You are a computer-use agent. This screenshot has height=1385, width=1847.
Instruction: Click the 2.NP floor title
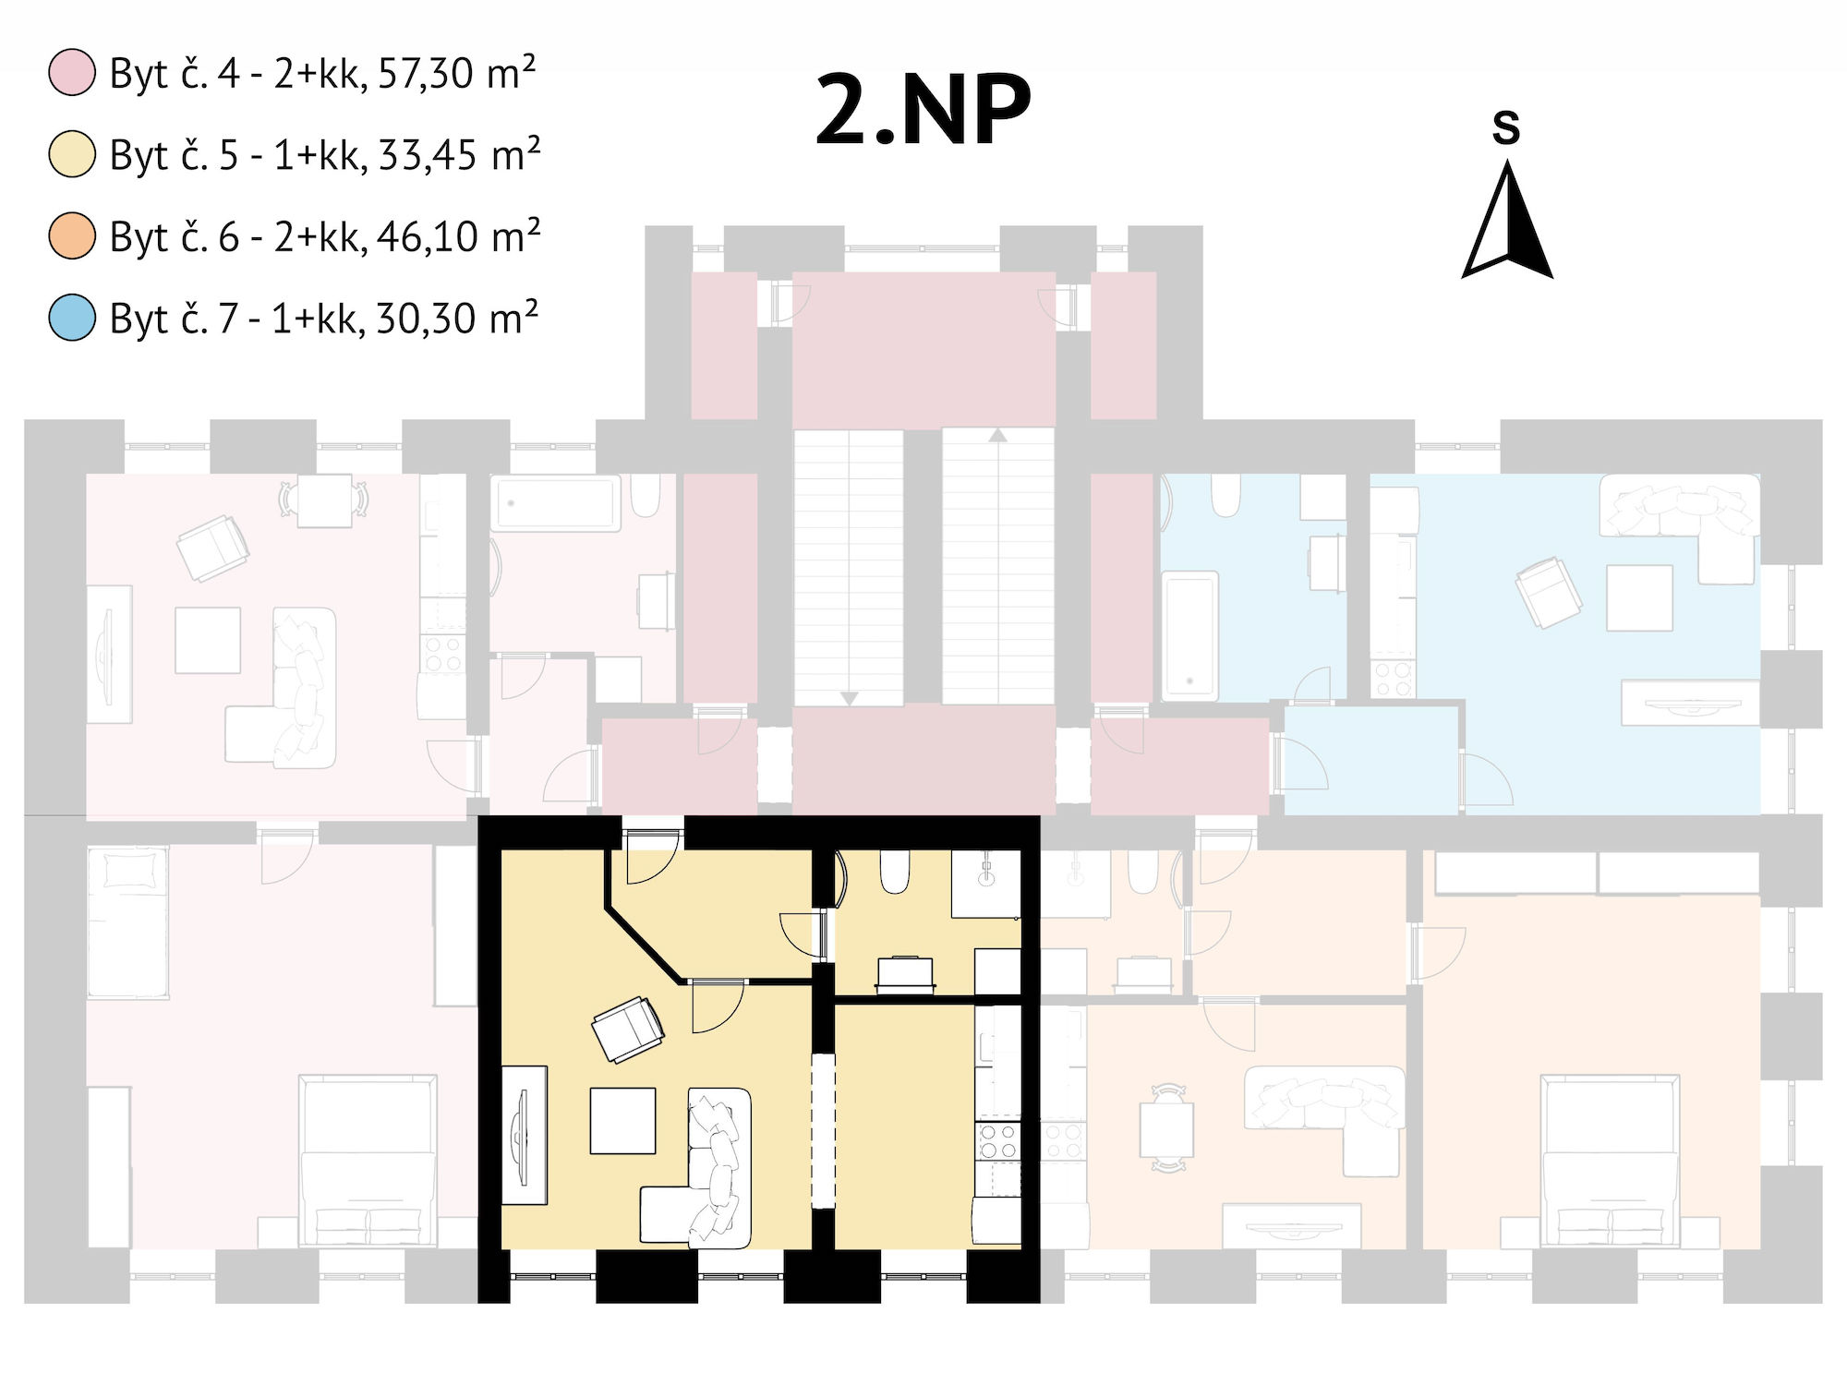(923, 110)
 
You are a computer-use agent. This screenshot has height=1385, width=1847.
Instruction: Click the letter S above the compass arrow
(1506, 127)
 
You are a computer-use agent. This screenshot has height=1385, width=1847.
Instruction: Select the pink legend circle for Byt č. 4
(72, 73)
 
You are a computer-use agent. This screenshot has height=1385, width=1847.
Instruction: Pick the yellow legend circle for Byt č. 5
(72, 154)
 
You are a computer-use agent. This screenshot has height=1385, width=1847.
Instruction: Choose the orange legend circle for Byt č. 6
(72, 235)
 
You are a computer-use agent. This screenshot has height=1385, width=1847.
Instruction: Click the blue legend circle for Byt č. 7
(72, 317)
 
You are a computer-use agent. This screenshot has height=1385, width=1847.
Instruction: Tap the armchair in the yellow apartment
(628, 1029)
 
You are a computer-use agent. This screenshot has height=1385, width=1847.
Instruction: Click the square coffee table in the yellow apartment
(623, 1121)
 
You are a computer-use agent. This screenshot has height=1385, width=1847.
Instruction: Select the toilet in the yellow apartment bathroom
(895, 872)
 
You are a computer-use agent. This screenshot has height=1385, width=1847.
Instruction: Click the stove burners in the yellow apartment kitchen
(998, 1141)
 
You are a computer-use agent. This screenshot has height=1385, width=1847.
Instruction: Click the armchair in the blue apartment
(1549, 592)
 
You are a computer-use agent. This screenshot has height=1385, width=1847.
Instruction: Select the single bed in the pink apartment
(128, 923)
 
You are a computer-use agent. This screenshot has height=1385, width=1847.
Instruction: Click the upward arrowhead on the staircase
(997, 434)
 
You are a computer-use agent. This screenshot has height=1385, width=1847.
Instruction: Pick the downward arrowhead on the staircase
(849, 699)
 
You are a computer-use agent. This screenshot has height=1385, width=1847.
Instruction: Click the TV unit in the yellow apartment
(525, 1136)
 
